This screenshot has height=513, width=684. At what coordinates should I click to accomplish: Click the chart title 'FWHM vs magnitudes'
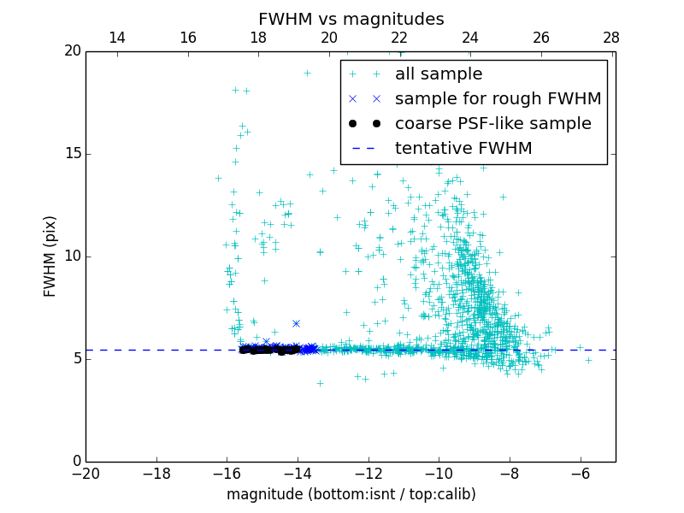point(351,19)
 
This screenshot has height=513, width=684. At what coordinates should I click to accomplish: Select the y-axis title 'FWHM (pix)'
point(50,256)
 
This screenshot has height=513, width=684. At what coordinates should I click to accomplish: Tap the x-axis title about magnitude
point(351,494)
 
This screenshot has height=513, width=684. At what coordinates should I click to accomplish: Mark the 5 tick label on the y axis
point(76,359)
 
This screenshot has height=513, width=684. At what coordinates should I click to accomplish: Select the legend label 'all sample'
point(439,74)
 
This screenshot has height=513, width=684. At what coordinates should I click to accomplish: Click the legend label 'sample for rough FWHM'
point(498,99)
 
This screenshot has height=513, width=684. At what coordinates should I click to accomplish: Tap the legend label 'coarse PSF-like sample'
point(492,124)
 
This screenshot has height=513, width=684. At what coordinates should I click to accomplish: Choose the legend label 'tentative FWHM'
point(463,149)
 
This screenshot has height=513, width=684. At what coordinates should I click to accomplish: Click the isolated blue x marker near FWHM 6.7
point(296,323)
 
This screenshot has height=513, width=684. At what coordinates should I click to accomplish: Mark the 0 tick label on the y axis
point(76,462)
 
